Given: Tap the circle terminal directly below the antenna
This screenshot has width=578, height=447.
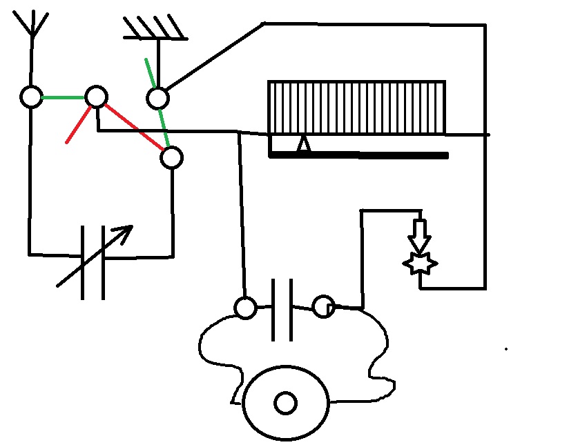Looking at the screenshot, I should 31,97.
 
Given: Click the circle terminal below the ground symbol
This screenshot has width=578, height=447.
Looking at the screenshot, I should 157,98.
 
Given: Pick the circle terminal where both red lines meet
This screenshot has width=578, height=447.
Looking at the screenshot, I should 96,97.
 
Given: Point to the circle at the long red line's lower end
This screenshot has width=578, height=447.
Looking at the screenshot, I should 171,158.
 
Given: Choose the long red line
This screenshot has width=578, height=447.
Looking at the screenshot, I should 135,128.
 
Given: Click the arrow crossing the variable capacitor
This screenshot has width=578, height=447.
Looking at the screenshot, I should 93,257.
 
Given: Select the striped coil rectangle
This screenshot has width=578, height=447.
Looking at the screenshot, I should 356,108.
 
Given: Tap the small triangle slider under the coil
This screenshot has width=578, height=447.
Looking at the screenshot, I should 302,146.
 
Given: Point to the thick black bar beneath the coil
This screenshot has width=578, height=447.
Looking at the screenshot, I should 359,156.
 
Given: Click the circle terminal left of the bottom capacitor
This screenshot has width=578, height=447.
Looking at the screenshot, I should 246,308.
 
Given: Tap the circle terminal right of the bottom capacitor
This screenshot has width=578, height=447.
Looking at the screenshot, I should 322,306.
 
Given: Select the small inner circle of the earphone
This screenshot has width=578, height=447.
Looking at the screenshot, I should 285,403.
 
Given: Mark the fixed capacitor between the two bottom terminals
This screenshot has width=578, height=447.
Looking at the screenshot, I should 282,308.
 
